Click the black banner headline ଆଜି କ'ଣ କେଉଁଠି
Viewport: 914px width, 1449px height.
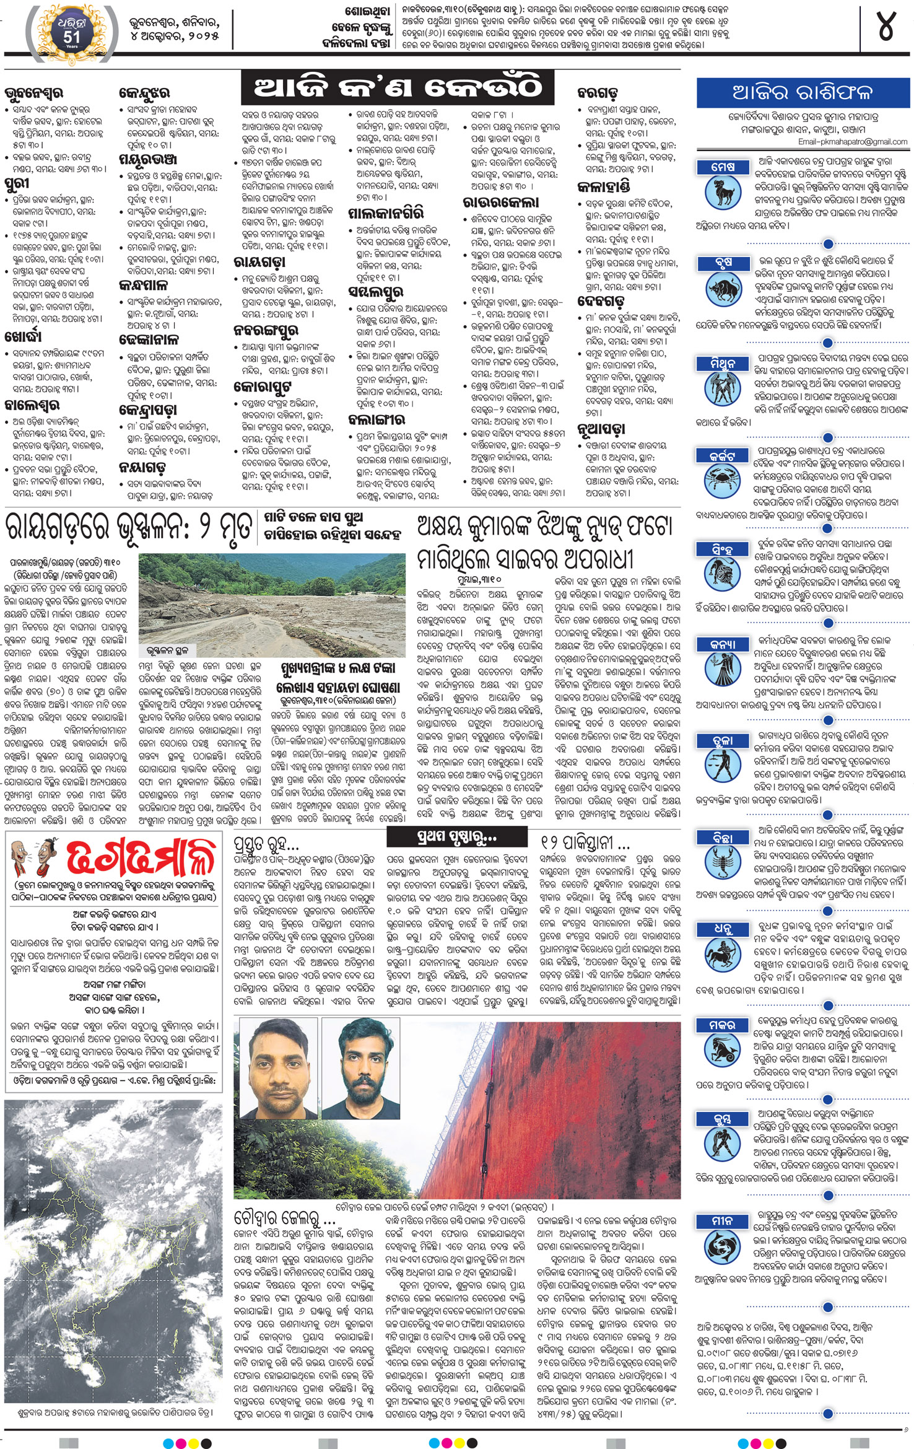[x=398, y=88]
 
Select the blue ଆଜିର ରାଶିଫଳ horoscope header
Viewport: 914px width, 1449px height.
[x=803, y=93]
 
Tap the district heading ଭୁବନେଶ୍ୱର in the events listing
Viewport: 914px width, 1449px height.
[x=33, y=94]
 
